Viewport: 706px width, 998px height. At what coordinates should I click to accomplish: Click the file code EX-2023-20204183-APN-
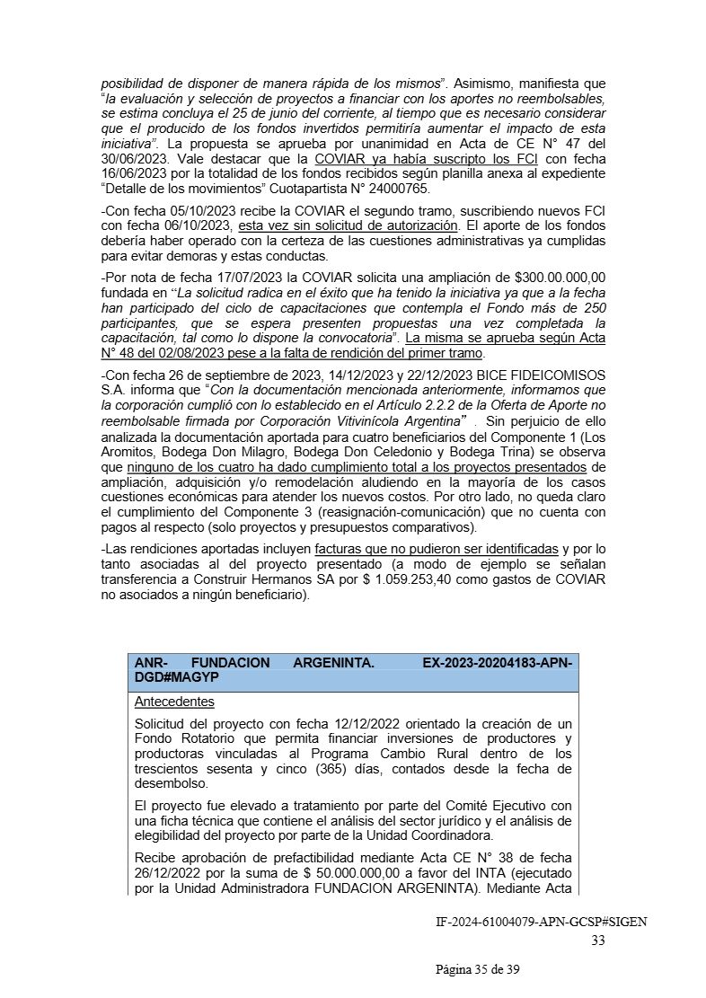pos(497,662)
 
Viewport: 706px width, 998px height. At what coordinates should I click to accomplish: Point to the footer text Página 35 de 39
pos(477,969)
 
